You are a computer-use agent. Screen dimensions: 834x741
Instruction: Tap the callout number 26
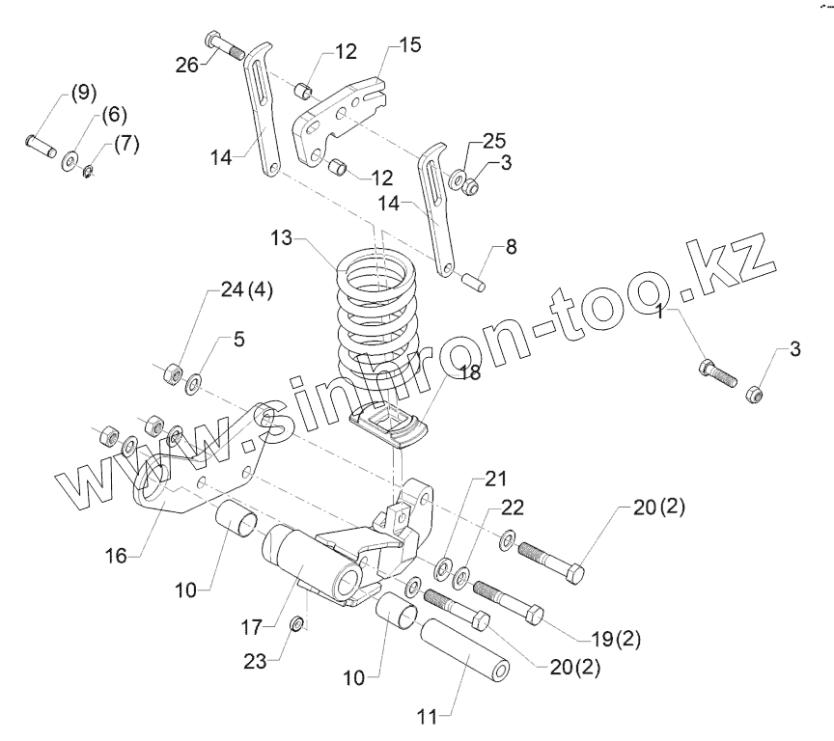(x=187, y=66)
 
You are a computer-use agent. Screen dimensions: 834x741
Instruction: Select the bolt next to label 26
(x=225, y=46)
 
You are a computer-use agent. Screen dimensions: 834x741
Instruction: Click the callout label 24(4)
(x=245, y=290)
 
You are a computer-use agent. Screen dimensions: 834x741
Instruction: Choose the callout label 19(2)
(x=616, y=638)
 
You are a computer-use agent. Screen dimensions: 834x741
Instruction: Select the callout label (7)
(x=125, y=145)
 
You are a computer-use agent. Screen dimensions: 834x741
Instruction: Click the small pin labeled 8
(x=474, y=282)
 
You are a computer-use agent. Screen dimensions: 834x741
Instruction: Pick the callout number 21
(x=494, y=480)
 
